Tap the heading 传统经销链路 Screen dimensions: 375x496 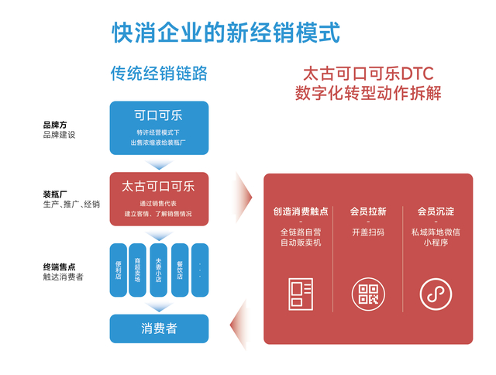(159, 74)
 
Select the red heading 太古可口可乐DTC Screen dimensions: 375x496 (368, 74)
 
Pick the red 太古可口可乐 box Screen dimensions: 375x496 (159, 198)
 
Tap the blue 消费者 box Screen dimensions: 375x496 (159, 329)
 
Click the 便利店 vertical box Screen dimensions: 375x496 (119, 270)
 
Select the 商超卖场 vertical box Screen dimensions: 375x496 (138, 270)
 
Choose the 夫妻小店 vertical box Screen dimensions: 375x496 (158, 270)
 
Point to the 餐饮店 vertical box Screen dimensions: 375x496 (178, 270)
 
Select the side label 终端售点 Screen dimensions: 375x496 (59, 267)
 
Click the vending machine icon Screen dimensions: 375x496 (300, 293)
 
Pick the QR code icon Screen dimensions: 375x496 (367, 293)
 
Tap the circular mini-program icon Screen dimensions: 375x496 (435, 293)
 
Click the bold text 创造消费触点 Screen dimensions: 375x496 (300, 212)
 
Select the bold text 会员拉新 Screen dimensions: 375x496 (367, 212)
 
